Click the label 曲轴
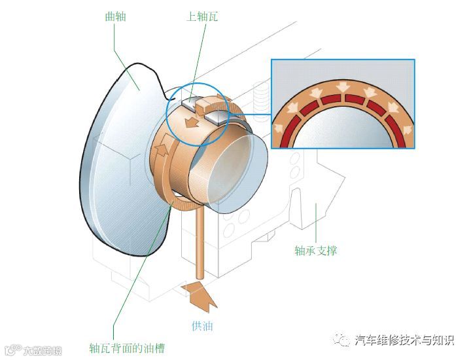(x=115, y=16)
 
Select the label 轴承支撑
(x=316, y=250)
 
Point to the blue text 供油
(x=203, y=325)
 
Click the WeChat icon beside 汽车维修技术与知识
(x=342, y=339)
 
